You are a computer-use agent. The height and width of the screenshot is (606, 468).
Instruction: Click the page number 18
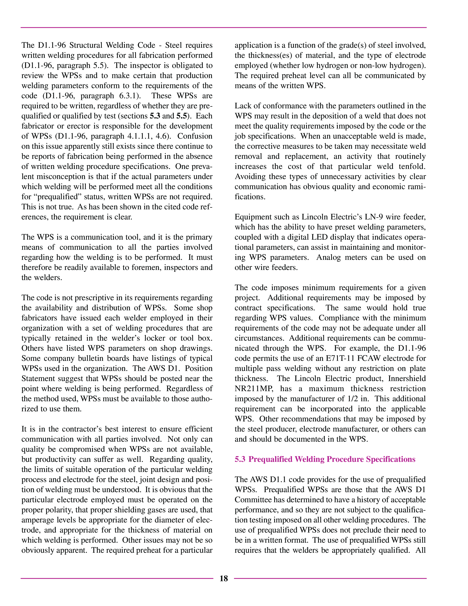click(x=224, y=578)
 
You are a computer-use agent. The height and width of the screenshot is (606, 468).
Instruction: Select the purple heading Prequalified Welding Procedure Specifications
click(x=325, y=459)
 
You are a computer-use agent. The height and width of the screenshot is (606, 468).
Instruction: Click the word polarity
click(x=60, y=510)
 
